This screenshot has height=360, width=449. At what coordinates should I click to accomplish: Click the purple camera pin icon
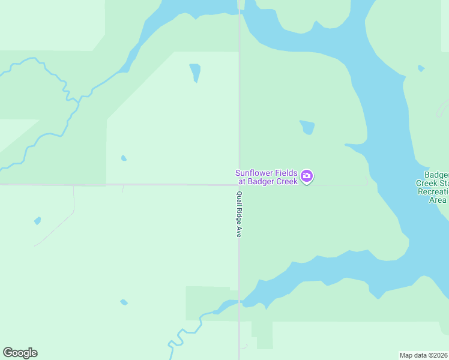(x=307, y=176)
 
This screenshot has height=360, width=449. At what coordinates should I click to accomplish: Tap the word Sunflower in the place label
(x=253, y=173)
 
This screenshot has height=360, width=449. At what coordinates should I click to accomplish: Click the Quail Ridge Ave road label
(x=238, y=214)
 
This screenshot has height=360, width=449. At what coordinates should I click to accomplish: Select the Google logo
(x=20, y=353)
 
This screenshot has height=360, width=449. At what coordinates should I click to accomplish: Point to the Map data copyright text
(x=424, y=355)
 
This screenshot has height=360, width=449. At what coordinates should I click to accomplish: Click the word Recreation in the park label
(x=433, y=191)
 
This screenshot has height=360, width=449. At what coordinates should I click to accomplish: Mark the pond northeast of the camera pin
(x=307, y=127)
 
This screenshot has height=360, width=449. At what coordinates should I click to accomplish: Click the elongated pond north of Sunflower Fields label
(x=194, y=72)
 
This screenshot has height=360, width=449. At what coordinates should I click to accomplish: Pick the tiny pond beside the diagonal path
(x=38, y=221)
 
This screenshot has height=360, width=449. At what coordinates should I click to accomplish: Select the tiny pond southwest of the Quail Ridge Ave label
(x=124, y=302)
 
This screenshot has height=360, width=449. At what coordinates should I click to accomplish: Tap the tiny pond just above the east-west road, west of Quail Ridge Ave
(x=124, y=158)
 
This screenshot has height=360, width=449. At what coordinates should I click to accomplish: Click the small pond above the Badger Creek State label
(x=421, y=68)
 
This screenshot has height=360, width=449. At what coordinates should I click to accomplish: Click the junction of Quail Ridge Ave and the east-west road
(x=240, y=185)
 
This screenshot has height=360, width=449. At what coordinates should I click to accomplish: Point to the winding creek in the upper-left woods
(x=66, y=90)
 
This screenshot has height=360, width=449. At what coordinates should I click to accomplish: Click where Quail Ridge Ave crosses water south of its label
(x=240, y=301)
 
